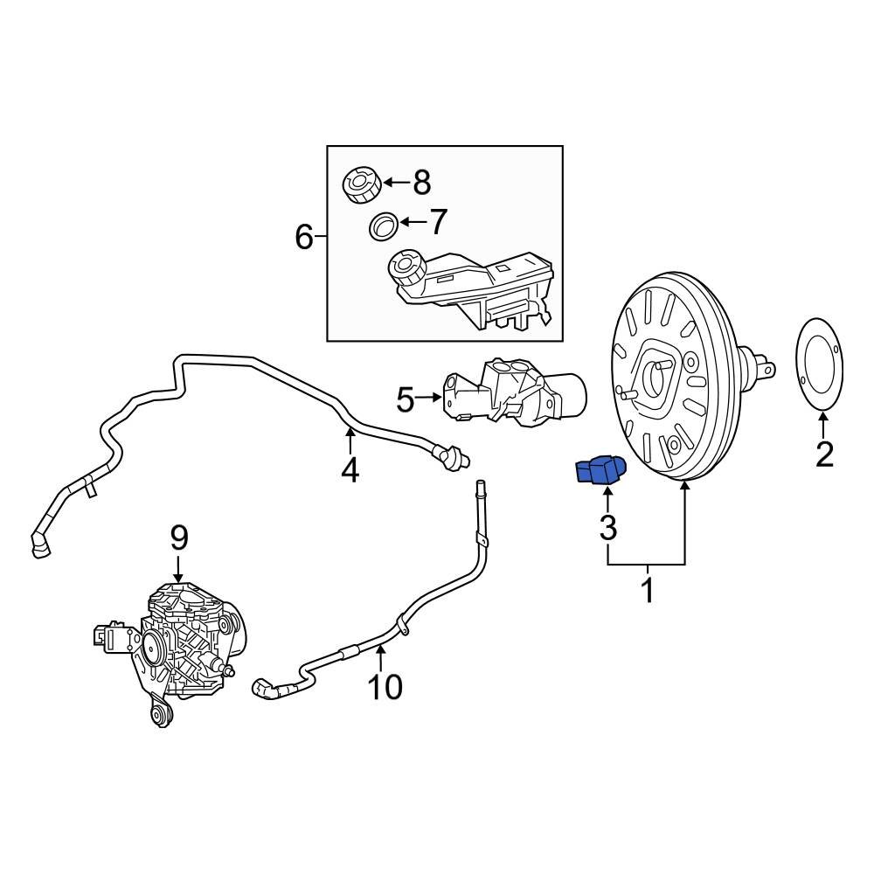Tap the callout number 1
pos(648,592)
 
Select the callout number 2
pos(824,454)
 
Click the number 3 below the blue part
pos(607,527)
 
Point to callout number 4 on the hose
pos(350,470)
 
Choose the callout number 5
pos(406,400)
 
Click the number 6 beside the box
pos(303,237)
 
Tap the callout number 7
pos(438,222)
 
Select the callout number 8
pos(421,183)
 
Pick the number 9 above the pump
pos(178,537)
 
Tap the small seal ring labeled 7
pos(382,225)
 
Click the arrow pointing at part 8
pos(395,183)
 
